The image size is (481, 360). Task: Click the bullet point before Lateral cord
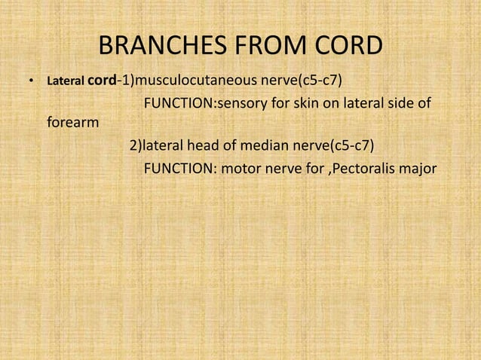31,79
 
